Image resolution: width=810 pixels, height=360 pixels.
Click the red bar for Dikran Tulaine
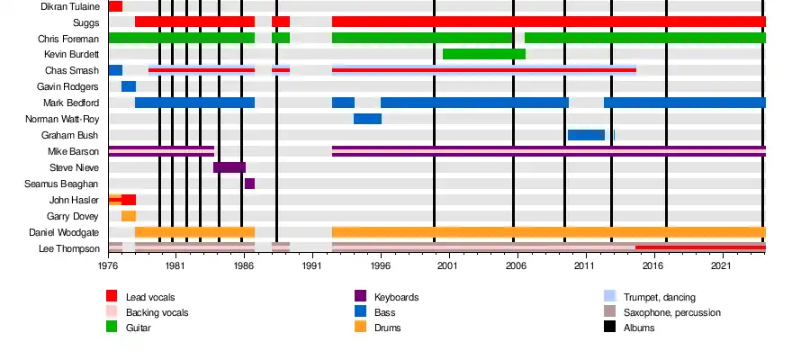(x=115, y=6)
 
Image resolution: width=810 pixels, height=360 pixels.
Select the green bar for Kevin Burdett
(x=484, y=54)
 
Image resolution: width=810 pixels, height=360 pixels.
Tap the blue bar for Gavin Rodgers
(x=129, y=86)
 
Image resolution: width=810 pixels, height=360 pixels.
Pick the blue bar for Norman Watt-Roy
(x=367, y=119)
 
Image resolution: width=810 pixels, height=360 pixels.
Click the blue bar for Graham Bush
(x=586, y=135)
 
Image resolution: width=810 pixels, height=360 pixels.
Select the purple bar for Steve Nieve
(x=229, y=167)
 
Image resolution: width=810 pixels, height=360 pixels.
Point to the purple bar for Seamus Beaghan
(x=249, y=184)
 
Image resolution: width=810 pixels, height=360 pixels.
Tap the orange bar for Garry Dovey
(x=129, y=216)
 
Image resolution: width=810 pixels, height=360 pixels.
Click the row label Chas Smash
(x=71, y=70)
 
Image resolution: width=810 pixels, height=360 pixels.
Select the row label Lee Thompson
(x=68, y=248)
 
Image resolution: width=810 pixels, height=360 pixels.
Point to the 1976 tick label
(x=108, y=267)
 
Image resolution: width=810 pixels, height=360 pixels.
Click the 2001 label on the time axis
(x=447, y=267)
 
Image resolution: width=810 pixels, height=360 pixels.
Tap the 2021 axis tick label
(x=722, y=267)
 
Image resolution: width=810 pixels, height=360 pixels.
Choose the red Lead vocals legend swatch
(x=112, y=297)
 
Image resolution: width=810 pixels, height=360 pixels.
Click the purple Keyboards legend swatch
(x=360, y=297)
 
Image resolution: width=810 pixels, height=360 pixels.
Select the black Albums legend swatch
(x=609, y=328)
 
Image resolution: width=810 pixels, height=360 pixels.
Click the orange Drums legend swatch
(x=360, y=328)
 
